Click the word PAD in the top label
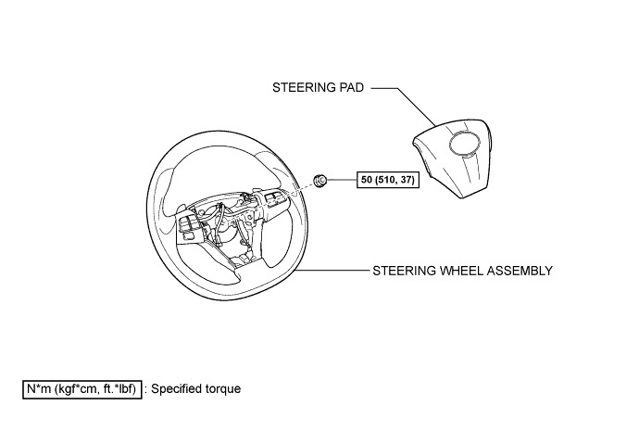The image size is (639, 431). [351, 88]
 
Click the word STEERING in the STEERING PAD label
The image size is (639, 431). [304, 88]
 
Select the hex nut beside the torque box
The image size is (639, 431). [319, 180]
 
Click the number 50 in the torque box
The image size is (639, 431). [367, 180]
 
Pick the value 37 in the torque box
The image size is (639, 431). [407, 180]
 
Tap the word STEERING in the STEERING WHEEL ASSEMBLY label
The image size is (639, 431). [405, 271]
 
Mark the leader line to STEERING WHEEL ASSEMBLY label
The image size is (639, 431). [332, 271]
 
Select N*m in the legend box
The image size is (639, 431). [38, 389]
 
